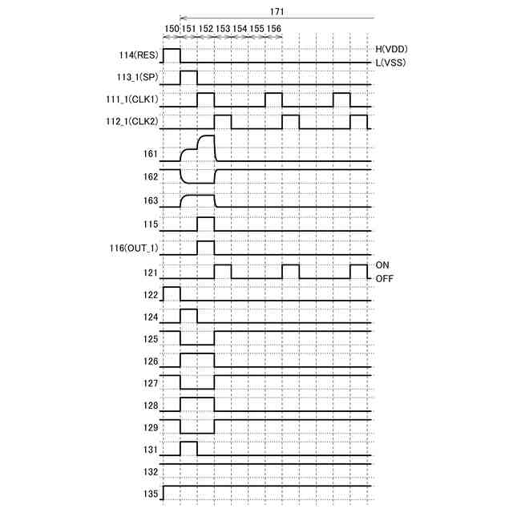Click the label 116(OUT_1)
[135, 248]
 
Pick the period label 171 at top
[277, 12]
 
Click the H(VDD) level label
[392, 49]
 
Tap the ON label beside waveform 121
[383, 264]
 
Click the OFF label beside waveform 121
[385, 278]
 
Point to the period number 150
[172, 28]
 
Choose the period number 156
[273, 28]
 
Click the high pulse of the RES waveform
[172, 55]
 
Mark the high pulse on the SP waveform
[188, 77]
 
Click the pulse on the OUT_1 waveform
[206, 247]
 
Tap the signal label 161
[150, 153]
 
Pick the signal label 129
[150, 427]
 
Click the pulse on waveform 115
[206, 224]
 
